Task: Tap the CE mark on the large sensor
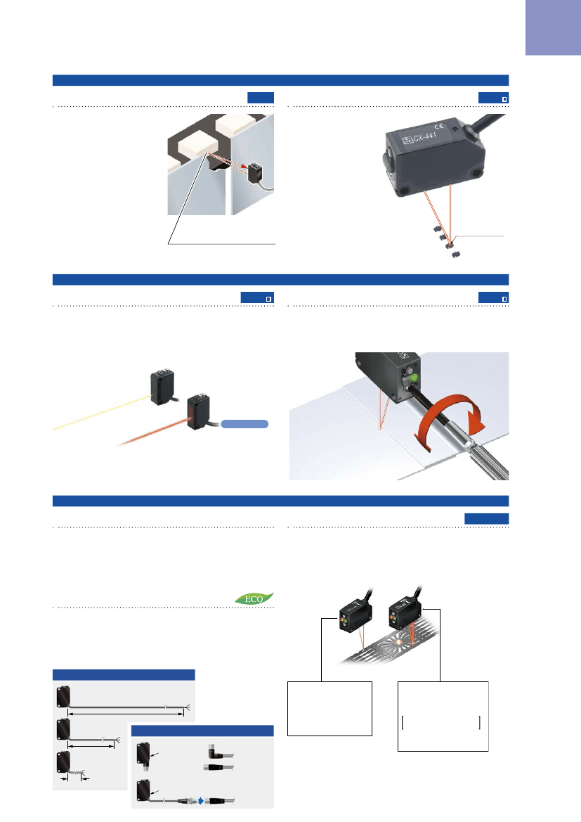[439, 125]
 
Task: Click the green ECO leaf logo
[254, 598]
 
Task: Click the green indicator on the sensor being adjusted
[412, 378]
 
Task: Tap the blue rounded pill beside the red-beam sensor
[244, 424]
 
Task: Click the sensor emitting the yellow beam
[162, 388]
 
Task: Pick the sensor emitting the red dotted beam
[199, 412]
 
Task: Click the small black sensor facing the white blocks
[255, 173]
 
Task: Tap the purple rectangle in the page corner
[553, 27]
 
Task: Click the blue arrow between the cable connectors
[201, 800]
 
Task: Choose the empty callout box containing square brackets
[443, 716]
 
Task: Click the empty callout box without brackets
[329, 708]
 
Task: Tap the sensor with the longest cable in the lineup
[63, 697]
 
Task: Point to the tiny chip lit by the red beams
[449, 245]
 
